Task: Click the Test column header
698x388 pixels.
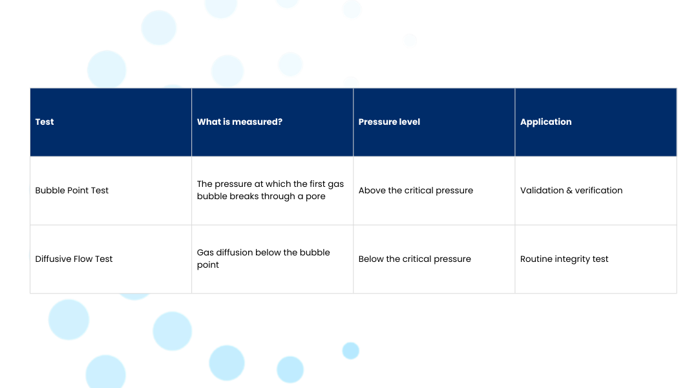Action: (45, 122)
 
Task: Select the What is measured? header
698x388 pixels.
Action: (240, 122)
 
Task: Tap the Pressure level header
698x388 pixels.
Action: (389, 122)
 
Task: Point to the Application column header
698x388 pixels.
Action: (545, 122)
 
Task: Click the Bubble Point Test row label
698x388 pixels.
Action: (72, 190)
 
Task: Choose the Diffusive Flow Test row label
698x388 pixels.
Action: (74, 259)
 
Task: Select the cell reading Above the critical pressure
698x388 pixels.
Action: (416, 190)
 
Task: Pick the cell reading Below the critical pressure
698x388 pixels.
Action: (414, 259)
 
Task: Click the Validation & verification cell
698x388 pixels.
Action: (571, 190)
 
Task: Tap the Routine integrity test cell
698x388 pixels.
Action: (564, 259)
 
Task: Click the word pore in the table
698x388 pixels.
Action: (315, 197)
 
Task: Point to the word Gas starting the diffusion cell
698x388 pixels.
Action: (206, 253)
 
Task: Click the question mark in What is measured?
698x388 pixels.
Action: (280, 122)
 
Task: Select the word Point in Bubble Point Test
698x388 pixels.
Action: (78, 190)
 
